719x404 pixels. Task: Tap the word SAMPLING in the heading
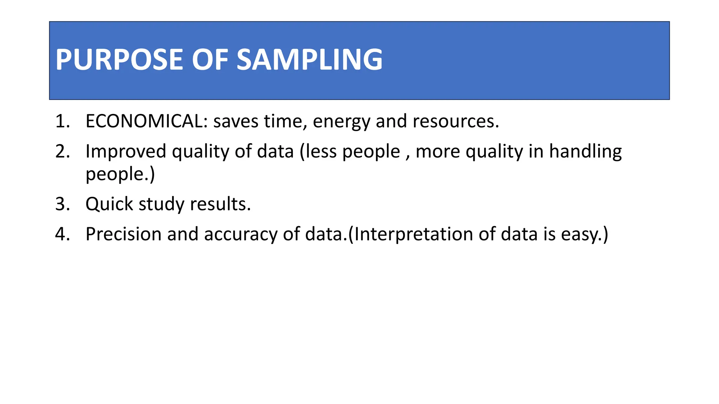coord(309,60)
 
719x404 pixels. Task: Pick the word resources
coord(455,121)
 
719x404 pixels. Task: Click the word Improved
coord(126,151)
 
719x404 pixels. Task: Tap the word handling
coord(585,151)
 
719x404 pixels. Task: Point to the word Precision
coord(123,234)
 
